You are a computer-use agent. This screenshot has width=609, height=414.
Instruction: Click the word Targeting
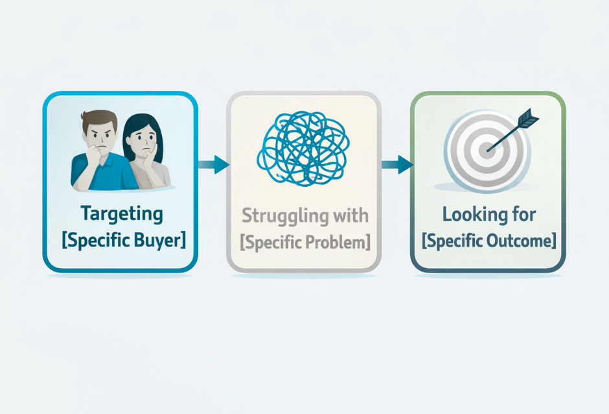122,213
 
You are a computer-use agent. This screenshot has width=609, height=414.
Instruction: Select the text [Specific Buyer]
123,240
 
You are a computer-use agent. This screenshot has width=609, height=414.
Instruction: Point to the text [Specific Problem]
305,241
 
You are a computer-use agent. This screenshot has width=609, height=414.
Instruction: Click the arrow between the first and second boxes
213,165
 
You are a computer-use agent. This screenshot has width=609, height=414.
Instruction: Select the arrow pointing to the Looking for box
396,165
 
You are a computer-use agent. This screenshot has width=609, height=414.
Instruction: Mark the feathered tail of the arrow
529,119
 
